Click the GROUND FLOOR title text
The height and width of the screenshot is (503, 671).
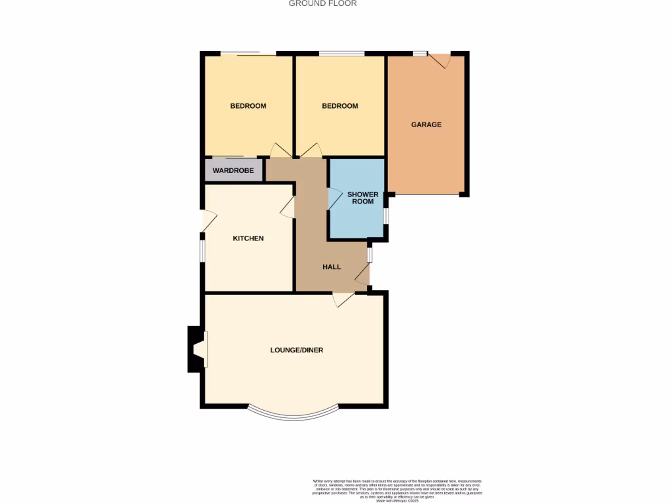(322, 3)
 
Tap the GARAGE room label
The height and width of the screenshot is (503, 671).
(426, 124)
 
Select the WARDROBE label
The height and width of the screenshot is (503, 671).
(233, 170)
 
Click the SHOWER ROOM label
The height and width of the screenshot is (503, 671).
(363, 198)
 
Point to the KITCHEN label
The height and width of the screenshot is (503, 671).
(248, 238)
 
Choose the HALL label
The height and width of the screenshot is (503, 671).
(332, 267)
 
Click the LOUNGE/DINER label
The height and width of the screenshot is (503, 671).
(296, 350)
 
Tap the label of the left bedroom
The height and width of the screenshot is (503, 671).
(248, 106)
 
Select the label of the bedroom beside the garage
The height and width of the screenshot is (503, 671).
(340, 106)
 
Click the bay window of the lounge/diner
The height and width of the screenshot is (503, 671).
(294, 415)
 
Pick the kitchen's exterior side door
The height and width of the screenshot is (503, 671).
(208, 221)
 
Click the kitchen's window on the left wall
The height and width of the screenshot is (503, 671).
(202, 250)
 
